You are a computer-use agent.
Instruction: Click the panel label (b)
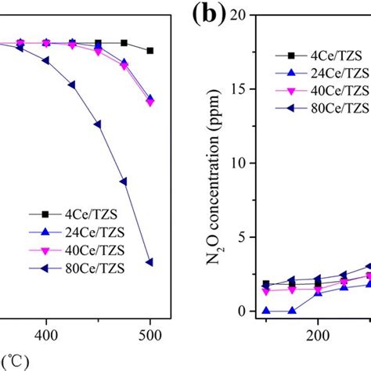206,17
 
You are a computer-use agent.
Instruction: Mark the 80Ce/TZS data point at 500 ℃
149,262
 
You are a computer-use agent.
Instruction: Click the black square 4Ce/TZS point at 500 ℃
149,50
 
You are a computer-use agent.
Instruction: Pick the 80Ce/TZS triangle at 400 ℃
46,59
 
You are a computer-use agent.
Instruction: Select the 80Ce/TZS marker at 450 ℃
98,124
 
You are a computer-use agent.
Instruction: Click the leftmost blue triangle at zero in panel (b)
266,311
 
